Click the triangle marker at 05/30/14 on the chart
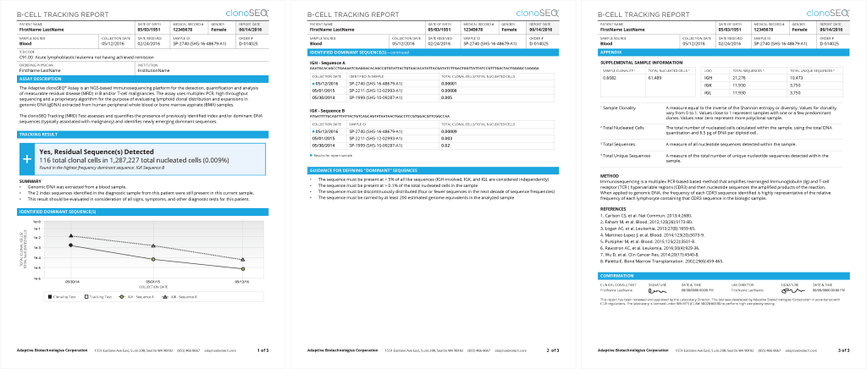pyautogui.click(x=71, y=236)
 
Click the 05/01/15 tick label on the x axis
pyautogui.click(x=153, y=282)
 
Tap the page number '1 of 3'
pyautogui.click(x=262, y=349)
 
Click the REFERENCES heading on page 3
pyautogui.click(x=613, y=207)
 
